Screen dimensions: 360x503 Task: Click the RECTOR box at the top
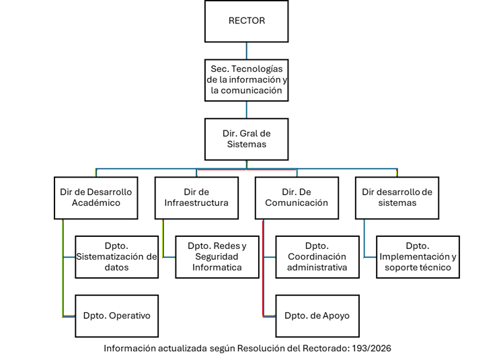[246, 21]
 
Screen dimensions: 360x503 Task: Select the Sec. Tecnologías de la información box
[246, 79]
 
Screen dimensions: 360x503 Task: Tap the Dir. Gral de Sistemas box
[246, 139]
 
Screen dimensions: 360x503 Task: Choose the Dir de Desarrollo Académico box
[95, 197]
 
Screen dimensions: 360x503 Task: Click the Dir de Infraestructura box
[196, 197]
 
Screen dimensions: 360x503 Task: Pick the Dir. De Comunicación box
[297, 197]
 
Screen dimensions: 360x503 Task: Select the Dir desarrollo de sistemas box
[397, 197]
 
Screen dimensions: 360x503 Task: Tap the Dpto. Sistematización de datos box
[116, 256]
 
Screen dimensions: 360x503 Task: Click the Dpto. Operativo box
[116, 316]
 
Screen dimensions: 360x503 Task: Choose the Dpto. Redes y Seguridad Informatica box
[217, 256]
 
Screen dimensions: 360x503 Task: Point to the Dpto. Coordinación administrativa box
[317, 256]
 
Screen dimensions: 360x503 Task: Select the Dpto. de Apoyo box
[317, 316]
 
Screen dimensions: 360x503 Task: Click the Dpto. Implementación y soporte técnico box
[418, 256]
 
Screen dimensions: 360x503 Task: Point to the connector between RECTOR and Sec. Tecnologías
[246, 50]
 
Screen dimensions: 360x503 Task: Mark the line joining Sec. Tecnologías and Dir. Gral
[246, 109]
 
